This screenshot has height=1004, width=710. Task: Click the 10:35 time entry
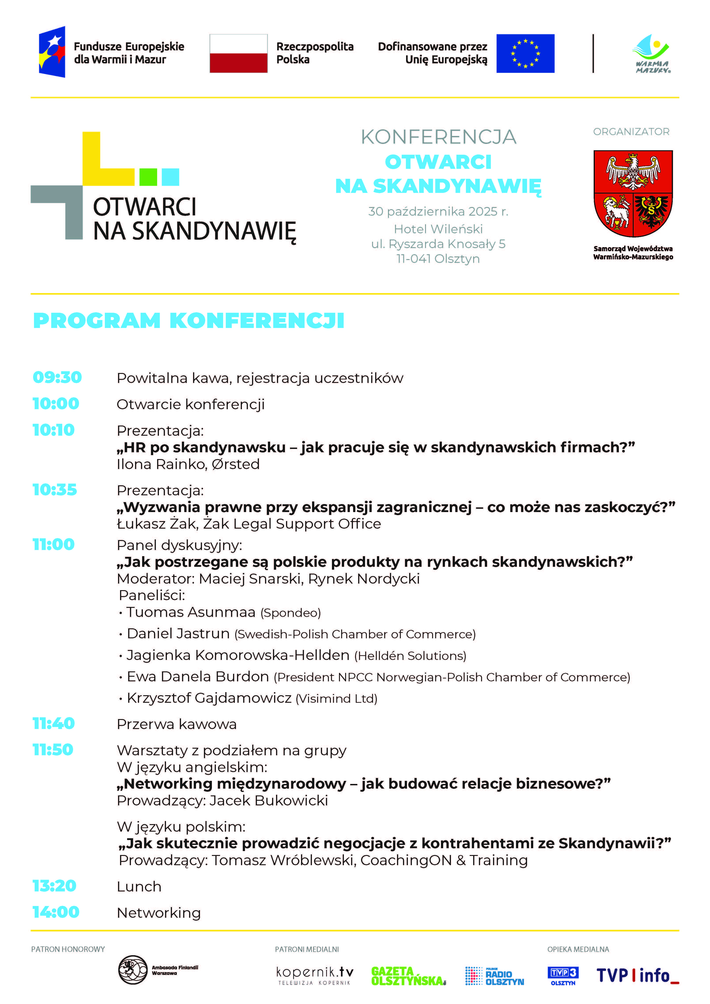pyautogui.click(x=55, y=490)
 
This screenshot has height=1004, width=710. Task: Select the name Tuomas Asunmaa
pyautogui.click(x=191, y=612)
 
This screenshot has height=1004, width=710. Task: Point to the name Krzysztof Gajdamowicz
pyautogui.click(x=209, y=698)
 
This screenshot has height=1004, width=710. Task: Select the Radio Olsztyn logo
pyautogui.click(x=494, y=976)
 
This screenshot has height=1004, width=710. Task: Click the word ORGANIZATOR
pyautogui.click(x=631, y=132)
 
